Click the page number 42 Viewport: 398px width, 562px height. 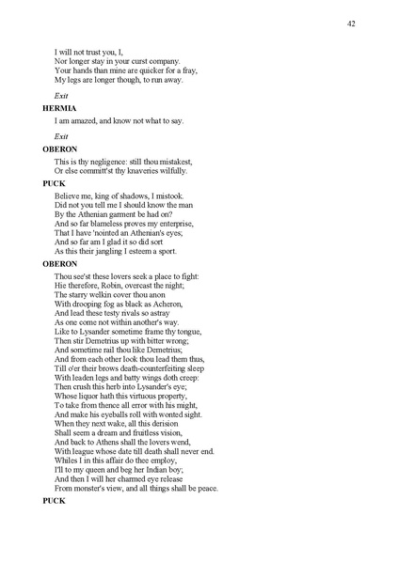351,23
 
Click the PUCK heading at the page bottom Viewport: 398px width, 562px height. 54,501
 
